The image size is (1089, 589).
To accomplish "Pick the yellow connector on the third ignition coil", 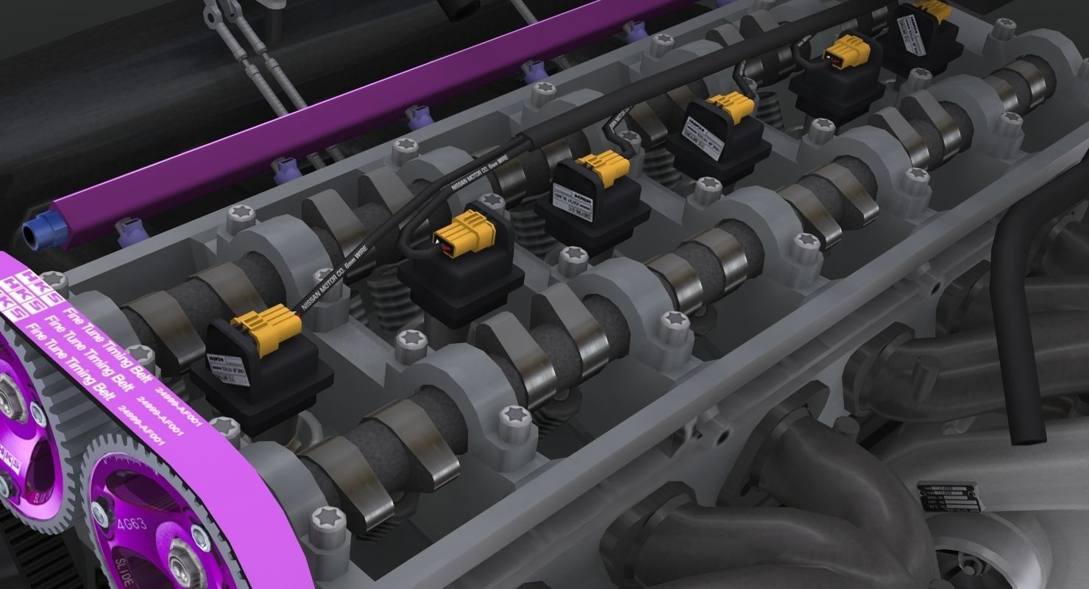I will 603,166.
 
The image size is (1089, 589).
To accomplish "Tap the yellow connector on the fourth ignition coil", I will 728,107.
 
